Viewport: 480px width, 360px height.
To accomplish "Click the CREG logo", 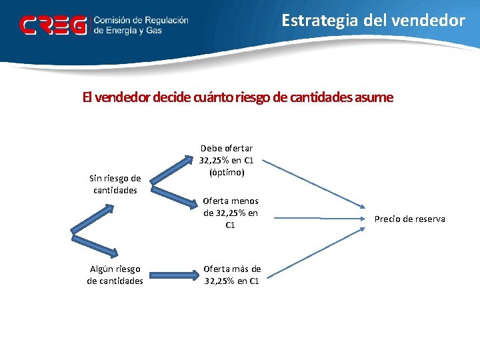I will point(53,25).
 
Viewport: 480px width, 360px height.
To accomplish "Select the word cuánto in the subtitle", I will point(213,97).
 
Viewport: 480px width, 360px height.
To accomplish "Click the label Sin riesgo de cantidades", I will point(115,184).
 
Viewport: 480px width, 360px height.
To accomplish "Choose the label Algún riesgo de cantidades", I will point(115,275).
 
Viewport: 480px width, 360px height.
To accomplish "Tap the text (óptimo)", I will point(227,172).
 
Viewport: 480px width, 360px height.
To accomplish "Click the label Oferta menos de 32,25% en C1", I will point(231,213).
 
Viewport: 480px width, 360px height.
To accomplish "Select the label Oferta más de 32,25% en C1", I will point(232,275).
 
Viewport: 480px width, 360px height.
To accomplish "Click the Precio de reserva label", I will point(409,219).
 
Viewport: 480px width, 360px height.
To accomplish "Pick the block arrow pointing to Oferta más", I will point(173,274).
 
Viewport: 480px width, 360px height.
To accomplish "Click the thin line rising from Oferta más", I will point(313,248).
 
